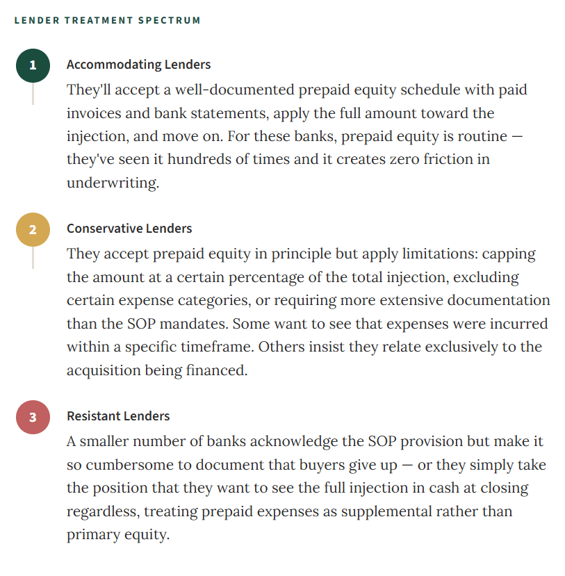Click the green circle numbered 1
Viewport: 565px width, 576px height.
33,66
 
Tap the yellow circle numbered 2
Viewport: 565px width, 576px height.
33,230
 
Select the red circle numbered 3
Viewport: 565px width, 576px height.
33,418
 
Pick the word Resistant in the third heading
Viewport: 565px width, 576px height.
93,416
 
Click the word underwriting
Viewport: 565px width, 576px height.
112,183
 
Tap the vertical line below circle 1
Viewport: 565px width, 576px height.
33,94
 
